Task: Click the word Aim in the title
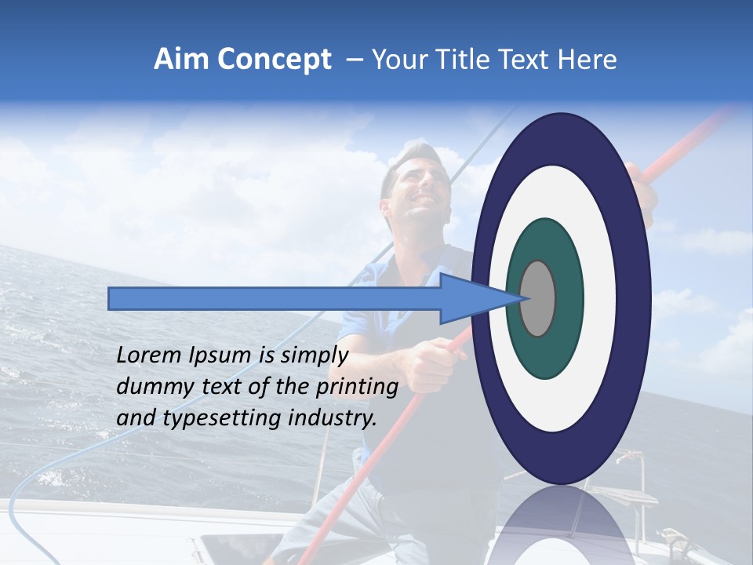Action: tap(182, 60)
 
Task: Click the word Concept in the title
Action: tap(273, 60)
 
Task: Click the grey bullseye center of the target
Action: tap(537, 298)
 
